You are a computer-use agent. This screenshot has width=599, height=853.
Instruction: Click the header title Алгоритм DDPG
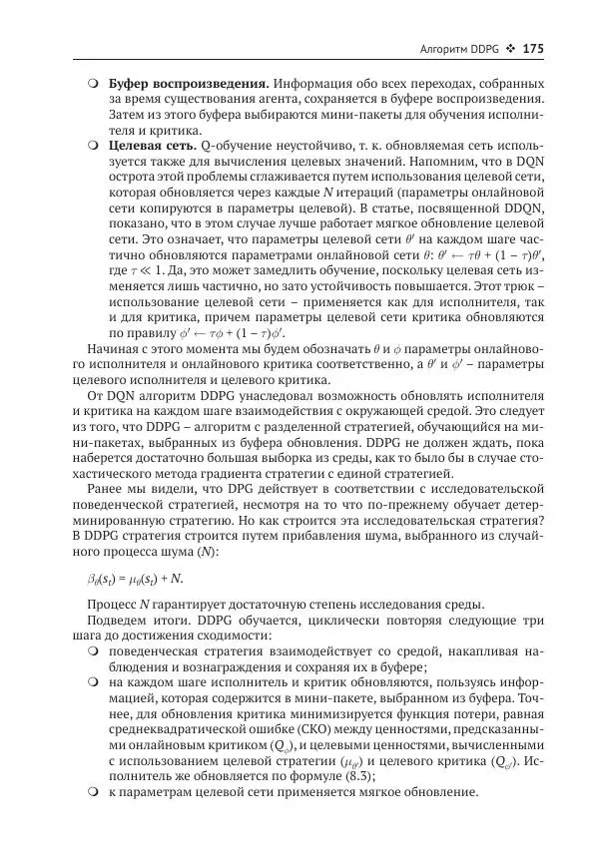click(455, 49)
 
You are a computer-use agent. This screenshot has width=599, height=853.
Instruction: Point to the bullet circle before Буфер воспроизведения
click(92, 83)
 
